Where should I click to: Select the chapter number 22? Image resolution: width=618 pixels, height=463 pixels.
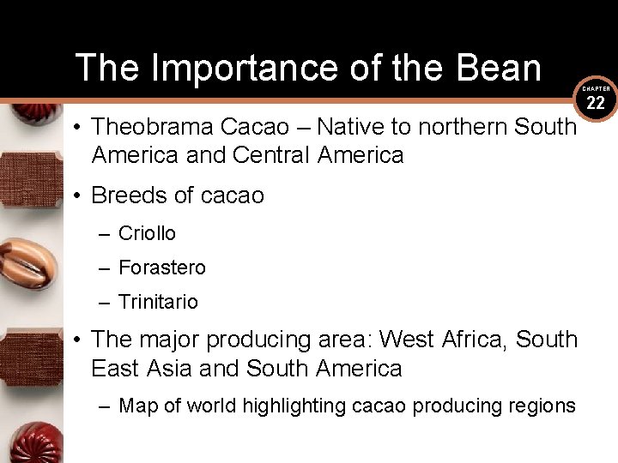click(x=597, y=104)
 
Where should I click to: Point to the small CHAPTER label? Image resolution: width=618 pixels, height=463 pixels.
click(x=597, y=89)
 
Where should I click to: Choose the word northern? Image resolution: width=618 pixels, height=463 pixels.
click(x=463, y=127)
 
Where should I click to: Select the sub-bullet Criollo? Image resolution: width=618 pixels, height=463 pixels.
click(x=147, y=233)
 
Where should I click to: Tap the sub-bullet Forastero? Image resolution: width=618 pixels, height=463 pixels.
click(x=162, y=268)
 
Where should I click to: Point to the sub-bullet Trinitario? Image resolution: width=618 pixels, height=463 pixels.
click(x=158, y=302)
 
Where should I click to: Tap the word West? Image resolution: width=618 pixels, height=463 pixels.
click(x=407, y=340)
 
